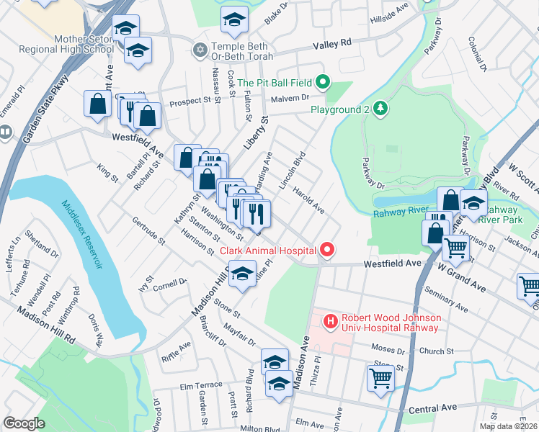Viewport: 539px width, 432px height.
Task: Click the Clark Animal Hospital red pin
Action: (x=327, y=250)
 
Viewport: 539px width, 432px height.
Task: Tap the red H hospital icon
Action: (x=331, y=320)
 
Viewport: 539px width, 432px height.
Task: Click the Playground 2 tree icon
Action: (x=380, y=109)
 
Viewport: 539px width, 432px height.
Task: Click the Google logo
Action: (x=24, y=424)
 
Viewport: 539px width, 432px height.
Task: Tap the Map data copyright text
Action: (x=509, y=426)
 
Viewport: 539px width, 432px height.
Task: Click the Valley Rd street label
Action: (x=331, y=45)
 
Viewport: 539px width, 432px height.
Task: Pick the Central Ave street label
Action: (x=434, y=409)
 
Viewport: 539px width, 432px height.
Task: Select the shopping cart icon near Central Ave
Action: (x=380, y=377)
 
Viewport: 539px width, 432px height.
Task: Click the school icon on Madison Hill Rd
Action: (x=243, y=276)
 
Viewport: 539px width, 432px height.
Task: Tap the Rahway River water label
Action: (x=401, y=212)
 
